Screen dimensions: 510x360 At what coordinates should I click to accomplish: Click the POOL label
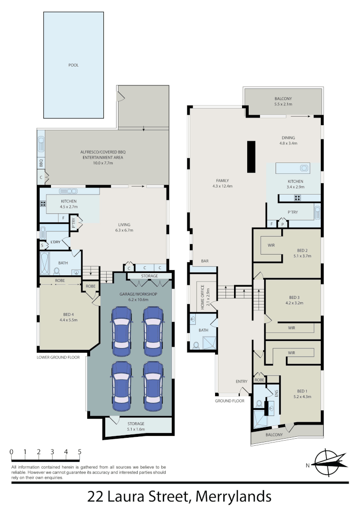(73, 65)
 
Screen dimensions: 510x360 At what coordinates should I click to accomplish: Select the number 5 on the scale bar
(79, 452)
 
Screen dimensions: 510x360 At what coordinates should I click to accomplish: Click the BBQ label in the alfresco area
(42, 163)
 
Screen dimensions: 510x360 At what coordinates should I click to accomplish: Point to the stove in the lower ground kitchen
(43, 204)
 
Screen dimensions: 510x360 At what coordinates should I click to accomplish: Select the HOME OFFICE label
(203, 297)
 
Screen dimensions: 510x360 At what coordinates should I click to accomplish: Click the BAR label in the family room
(205, 261)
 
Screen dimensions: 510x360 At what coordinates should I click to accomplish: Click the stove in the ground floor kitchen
(298, 197)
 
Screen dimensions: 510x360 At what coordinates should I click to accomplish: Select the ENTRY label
(242, 381)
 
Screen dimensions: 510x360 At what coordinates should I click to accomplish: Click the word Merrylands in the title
(234, 497)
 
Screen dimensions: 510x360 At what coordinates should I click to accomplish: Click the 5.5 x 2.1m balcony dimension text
(284, 104)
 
